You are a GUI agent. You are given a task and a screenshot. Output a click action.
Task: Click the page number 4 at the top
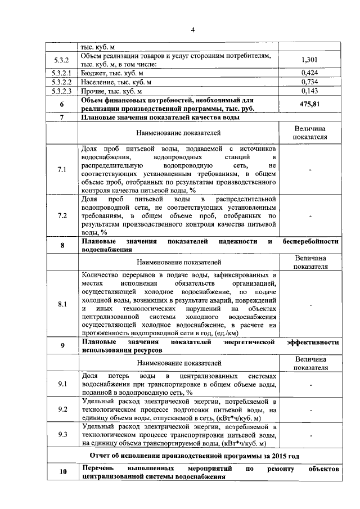[x=192, y=30]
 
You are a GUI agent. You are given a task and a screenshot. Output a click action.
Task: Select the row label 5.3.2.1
[x=61, y=73]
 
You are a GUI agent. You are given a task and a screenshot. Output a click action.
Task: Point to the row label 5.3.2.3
[x=61, y=91]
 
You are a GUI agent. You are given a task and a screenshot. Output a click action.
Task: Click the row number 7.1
[x=62, y=169]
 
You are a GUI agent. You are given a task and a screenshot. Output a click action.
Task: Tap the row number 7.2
[x=62, y=215]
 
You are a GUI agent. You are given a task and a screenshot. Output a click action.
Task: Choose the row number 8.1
[x=62, y=304]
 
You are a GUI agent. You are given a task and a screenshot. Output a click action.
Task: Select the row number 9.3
[x=62, y=434]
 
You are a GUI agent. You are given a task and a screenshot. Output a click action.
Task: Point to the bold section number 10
[x=62, y=472]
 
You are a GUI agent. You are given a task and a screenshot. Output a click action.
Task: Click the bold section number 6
[x=62, y=104]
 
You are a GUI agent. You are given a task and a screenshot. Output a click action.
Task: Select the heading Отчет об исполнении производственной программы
[x=195, y=455]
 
